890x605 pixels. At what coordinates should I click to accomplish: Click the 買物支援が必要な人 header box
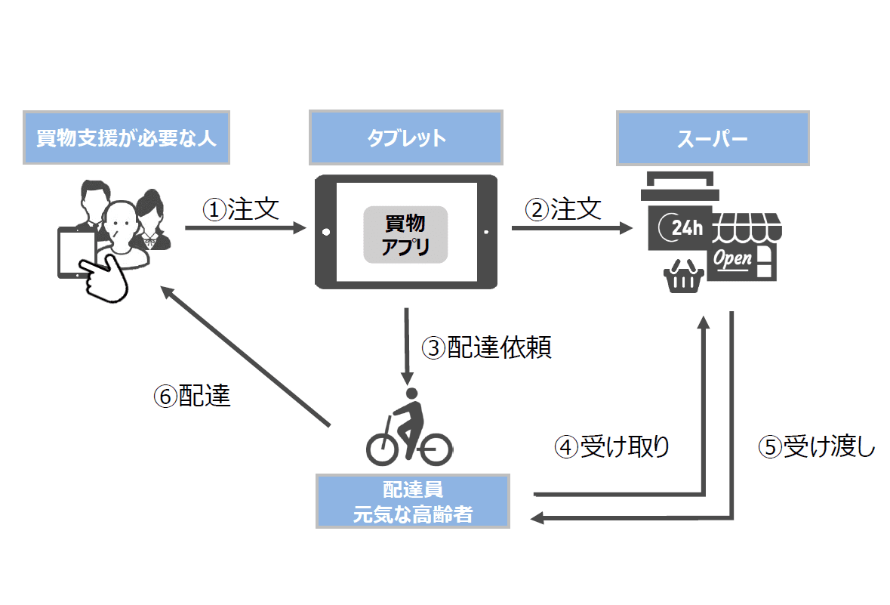coord(126,138)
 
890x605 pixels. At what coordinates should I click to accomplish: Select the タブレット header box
coord(406,138)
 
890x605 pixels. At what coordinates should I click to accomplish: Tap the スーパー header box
coord(713,139)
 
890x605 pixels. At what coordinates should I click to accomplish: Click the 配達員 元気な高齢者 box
coord(412,501)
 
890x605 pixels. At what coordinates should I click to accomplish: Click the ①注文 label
coord(241,208)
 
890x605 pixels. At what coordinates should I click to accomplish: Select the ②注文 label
coord(564,208)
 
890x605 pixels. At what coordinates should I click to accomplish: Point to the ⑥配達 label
coord(192,397)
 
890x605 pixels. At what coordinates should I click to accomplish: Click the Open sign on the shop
coord(733,258)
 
